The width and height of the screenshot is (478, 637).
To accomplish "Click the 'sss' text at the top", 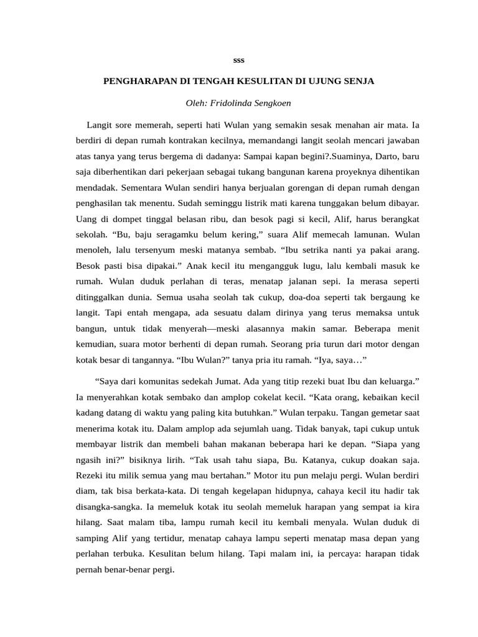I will [x=238, y=60].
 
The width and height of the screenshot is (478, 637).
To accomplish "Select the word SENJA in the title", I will [x=358, y=81].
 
